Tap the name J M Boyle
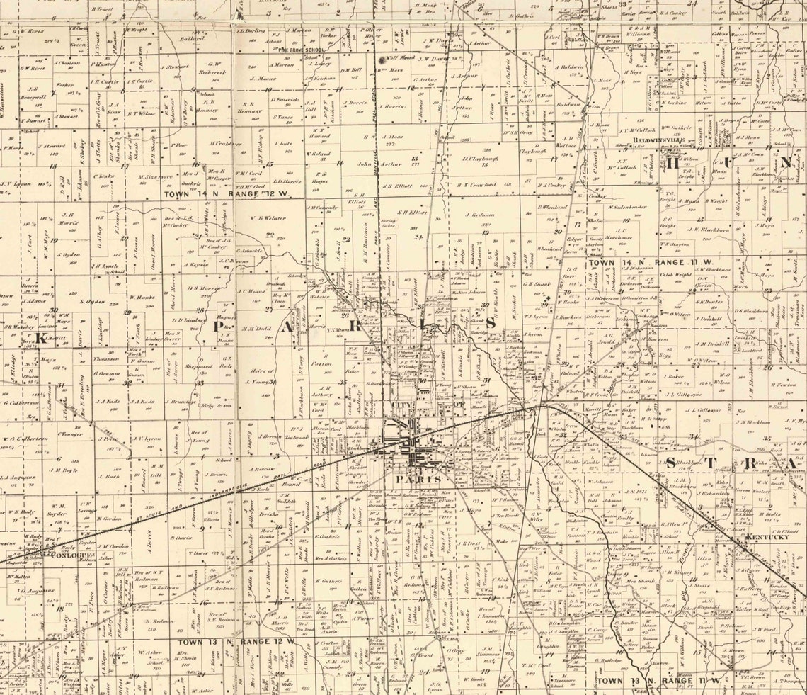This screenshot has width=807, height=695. pos(62,470)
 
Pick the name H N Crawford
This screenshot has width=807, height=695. pos(474,186)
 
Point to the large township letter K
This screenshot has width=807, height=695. pos(41,339)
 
